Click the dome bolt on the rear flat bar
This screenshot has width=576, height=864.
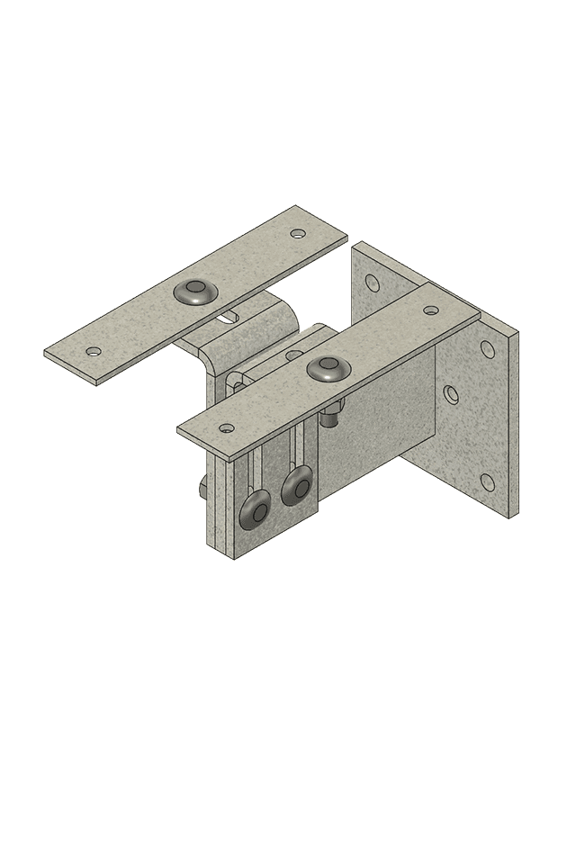click(x=194, y=291)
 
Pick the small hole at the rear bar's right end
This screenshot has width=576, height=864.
click(x=298, y=233)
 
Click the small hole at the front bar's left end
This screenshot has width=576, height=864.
click(x=227, y=428)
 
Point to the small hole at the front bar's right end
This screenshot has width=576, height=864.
click(x=431, y=310)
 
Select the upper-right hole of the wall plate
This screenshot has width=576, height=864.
click(x=488, y=348)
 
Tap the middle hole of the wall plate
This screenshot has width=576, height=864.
click(x=452, y=393)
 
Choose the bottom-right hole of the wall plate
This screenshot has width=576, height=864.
click(x=488, y=482)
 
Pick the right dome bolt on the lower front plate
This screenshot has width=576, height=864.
click(x=295, y=487)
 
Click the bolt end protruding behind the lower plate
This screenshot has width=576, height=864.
click(x=201, y=488)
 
